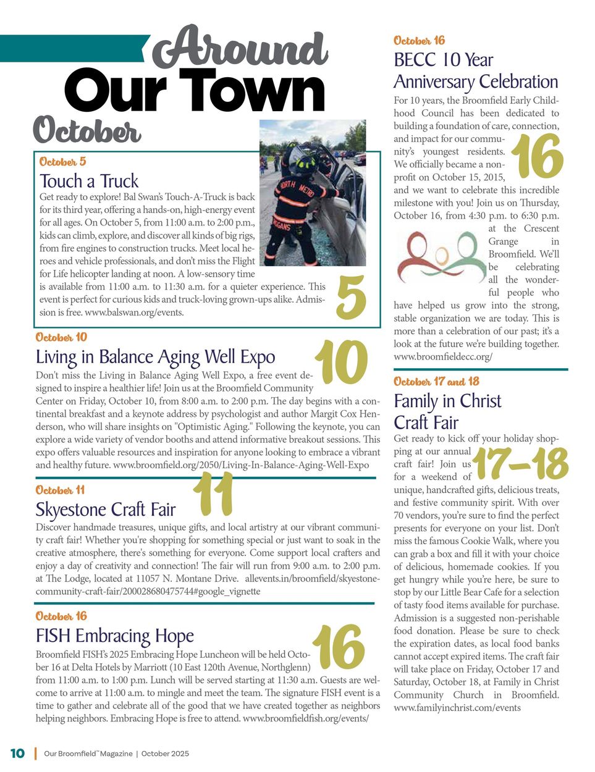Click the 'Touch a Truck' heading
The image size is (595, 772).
(89, 181)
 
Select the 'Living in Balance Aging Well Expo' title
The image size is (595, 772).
(155, 357)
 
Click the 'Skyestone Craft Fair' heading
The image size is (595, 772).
(106, 510)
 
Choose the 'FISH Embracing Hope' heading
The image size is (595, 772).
(115, 636)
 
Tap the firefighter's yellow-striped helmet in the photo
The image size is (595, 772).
(305, 164)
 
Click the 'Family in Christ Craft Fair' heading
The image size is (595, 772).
(447, 411)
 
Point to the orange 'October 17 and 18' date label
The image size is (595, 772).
(436, 382)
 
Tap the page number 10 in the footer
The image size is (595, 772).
(17, 753)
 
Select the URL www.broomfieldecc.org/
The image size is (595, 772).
(443, 357)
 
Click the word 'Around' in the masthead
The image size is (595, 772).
(240, 48)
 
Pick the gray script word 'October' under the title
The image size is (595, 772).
(87, 130)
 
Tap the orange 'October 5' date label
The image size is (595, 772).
(62, 162)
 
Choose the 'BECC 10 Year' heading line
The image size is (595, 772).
(444, 60)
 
